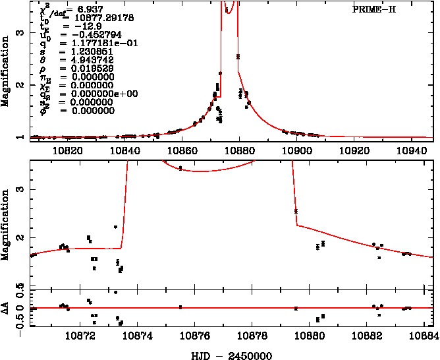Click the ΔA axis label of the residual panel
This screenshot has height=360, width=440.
tap(9, 308)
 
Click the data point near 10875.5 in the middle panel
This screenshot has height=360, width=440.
tap(180, 168)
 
